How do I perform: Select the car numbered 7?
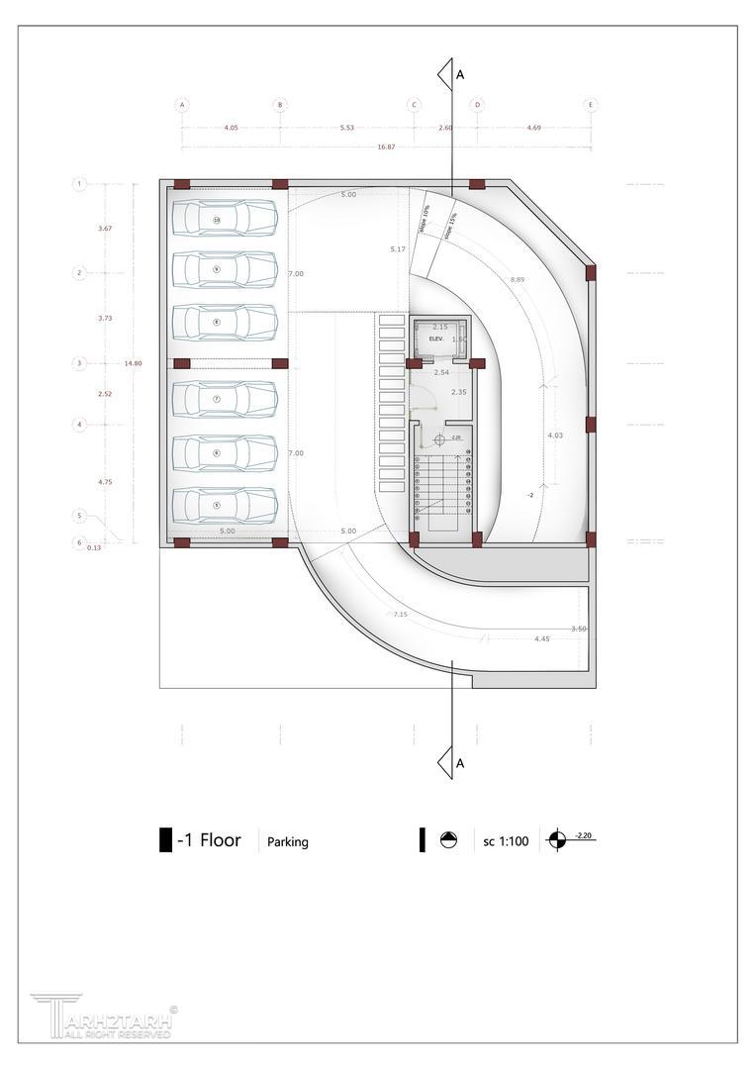pyautogui.click(x=225, y=399)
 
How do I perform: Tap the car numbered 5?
pyautogui.click(x=225, y=505)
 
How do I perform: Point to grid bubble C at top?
pyautogui.click(x=415, y=104)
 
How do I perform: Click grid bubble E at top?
pyautogui.click(x=591, y=104)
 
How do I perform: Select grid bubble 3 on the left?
pyautogui.click(x=80, y=363)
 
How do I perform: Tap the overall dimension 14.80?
pyautogui.click(x=133, y=363)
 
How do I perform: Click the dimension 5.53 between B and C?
pyautogui.click(x=346, y=128)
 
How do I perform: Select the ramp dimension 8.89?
pyautogui.click(x=518, y=280)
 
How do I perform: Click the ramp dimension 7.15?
pyautogui.click(x=400, y=615)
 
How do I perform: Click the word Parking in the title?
pyautogui.click(x=288, y=842)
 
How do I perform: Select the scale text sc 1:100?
pyautogui.click(x=506, y=842)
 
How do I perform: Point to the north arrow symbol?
pyautogui.click(x=448, y=840)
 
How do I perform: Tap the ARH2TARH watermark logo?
pyautogui.click(x=104, y=1017)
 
